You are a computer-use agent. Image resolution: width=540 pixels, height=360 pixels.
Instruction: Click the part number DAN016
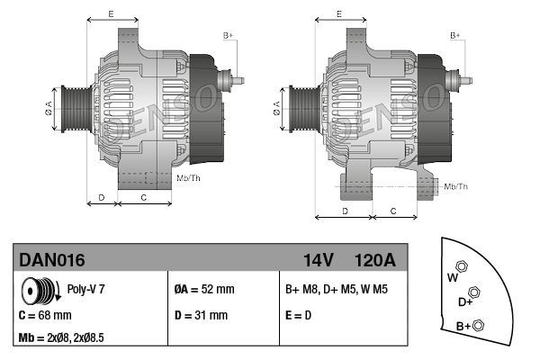coord(52,260)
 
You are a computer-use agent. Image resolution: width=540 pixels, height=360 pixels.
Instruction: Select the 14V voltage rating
coord(318,260)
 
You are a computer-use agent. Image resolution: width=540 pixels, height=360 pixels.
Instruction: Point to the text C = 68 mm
coord(45,316)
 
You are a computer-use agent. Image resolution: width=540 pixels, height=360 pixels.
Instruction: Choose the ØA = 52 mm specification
coord(203,290)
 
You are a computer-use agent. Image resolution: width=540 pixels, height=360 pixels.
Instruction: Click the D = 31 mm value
coord(201,316)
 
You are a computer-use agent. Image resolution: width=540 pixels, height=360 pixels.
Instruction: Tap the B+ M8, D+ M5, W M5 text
coord(337,290)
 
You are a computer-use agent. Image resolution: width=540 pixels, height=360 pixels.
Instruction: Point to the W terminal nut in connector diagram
coord(462,266)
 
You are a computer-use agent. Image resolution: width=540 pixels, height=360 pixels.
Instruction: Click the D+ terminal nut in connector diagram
coord(474,292)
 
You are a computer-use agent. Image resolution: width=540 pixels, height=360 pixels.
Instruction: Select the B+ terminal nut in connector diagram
coord(479,325)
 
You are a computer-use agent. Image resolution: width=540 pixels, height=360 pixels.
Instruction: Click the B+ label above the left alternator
coord(228,35)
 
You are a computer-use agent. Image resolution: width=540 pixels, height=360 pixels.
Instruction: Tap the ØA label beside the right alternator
coord(276,108)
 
